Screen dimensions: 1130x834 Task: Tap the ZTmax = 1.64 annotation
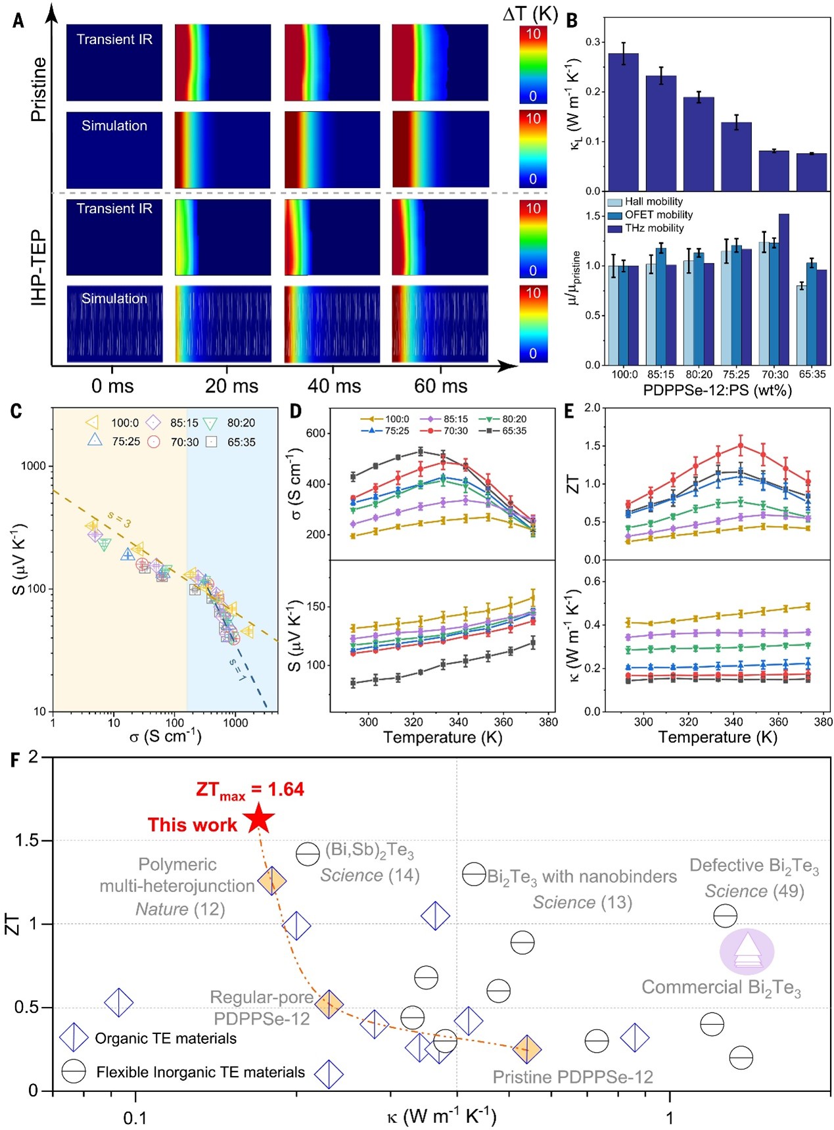250,789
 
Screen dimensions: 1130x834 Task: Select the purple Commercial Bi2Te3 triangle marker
747,951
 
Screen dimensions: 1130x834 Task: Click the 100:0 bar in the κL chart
623,122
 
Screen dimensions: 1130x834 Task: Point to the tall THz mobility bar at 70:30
783,289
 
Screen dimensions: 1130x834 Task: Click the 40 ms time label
334,386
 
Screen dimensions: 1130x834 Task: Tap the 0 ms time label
112,386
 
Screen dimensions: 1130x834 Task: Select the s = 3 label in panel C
120,519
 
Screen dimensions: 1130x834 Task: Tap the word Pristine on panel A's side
39,89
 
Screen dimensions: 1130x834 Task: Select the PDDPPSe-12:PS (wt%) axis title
717,390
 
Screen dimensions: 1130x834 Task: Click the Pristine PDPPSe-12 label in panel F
572,1077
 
